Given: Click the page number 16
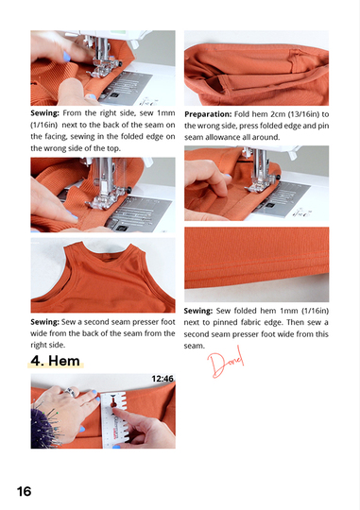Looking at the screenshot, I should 24,491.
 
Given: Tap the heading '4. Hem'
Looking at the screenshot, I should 58,360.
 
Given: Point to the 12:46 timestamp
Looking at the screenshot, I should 163,380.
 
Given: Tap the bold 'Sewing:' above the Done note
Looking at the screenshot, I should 205,311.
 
